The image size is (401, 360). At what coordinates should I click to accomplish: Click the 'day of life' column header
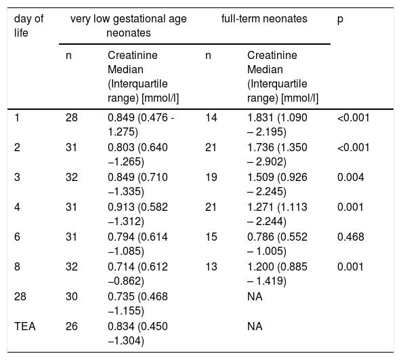coord(28,26)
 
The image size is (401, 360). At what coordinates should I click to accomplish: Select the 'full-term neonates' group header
coord(264,19)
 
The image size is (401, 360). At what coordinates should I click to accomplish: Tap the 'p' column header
coord(340,20)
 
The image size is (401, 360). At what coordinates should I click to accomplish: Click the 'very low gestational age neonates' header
coord(129,26)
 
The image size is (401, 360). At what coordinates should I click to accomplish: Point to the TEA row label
coord(25,327)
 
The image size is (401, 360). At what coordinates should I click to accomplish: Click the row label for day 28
coord(20,296)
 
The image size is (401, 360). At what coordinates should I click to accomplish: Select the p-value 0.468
coord(351,237)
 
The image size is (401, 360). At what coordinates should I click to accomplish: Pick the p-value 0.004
coord(351,177)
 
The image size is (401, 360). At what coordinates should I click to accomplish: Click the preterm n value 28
coord(72,118)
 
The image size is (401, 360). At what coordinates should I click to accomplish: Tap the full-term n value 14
coord(211,118)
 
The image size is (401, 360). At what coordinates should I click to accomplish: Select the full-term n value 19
coord(211,177)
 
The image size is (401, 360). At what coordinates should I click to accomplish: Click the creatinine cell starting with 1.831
coord(277,125)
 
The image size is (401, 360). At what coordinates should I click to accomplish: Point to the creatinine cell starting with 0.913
coord(138,214)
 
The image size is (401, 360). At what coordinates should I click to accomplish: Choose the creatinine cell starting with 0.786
coord(277,244)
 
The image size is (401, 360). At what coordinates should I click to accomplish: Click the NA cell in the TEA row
coord(255,327)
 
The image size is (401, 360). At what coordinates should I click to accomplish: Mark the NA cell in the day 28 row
coord(255,296)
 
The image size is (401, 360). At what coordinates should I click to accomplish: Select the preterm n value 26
coord(72,327)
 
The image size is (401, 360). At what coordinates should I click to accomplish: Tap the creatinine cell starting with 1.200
coord(277,274)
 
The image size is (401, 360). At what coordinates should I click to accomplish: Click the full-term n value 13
coord(211,267)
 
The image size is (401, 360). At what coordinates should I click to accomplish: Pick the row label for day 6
coord(17,237)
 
